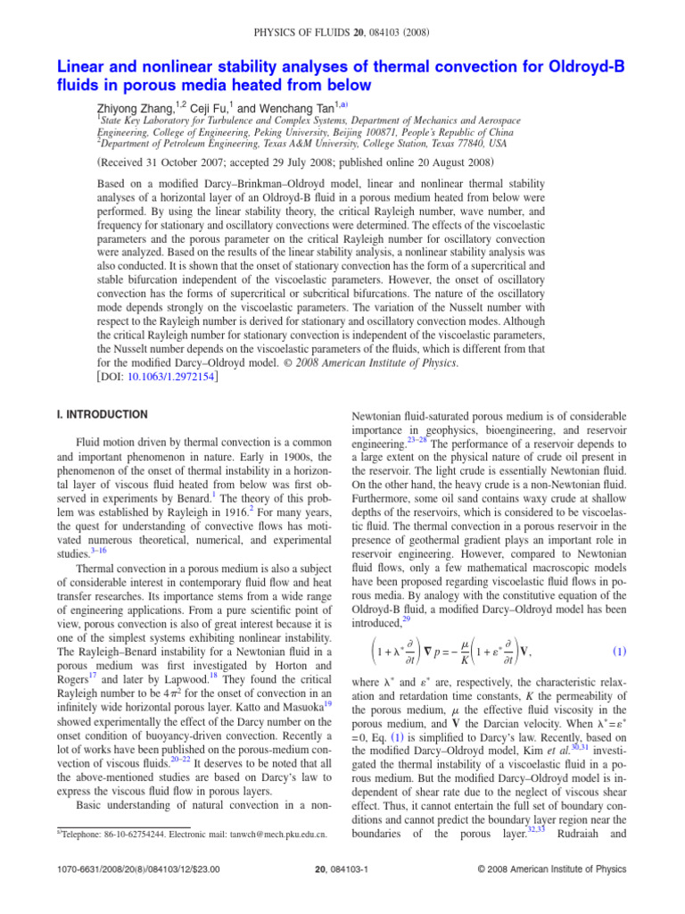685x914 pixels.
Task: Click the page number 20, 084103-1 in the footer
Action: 342,896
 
